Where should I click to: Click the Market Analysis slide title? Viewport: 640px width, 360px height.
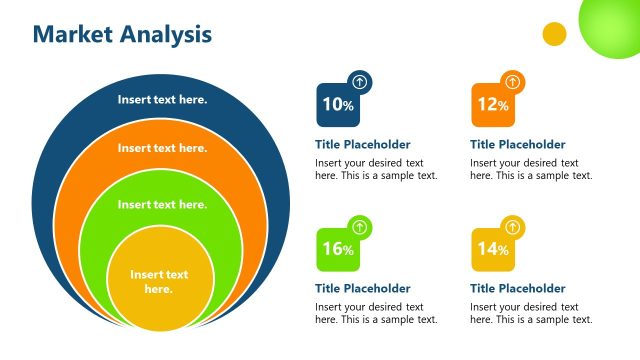coord(122,34)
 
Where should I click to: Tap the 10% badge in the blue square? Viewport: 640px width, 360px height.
coord(337,104)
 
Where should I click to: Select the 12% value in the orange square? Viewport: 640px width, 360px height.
coord(493,104)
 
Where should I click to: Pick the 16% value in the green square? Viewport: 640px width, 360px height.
coord(337,249)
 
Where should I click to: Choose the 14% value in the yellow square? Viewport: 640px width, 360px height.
coord(493,249)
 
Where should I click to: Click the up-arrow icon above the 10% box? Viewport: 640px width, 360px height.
coord(360,82)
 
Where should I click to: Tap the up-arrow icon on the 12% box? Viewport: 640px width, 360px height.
coord(513,82)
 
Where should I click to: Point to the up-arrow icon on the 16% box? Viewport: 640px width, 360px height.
coord(360,227)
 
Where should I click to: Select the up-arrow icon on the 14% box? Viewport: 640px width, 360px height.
coord(513,227)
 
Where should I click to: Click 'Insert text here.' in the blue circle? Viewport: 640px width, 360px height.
coord(162,99)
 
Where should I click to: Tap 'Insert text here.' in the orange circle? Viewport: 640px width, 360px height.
coord(162,148)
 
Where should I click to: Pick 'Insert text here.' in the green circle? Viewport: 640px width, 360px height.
coord(162,204)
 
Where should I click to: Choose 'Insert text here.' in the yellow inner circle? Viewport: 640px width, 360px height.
coord(159,281)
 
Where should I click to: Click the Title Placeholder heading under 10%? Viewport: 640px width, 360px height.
coord(362,144)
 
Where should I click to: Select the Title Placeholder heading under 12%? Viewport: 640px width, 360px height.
coord(517,144)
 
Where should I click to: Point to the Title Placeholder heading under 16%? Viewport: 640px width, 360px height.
coord(362,288)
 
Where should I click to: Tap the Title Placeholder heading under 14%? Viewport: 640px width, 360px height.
coord(517,288)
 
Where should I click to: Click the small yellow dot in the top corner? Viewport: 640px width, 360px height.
coord(554,34)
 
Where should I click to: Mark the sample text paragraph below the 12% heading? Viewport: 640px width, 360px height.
coord(531,169)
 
